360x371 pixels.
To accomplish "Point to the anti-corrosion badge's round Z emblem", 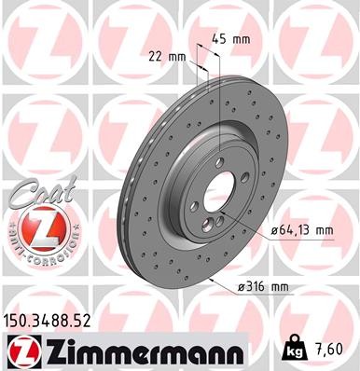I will click(x=35, y=227).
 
